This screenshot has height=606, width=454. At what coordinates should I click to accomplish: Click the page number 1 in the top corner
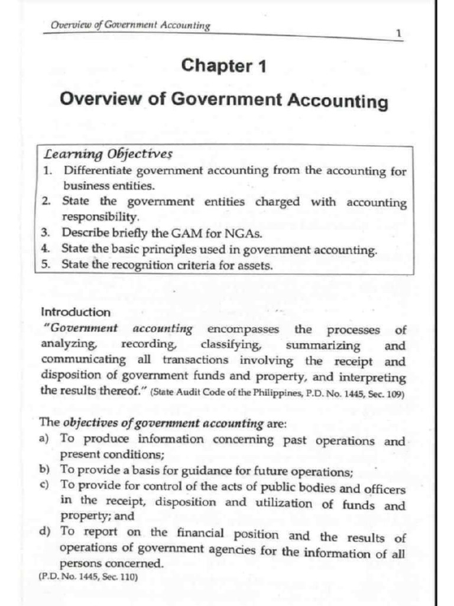coord(399,34)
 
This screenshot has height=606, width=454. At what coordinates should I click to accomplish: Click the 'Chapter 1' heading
coord(223,65)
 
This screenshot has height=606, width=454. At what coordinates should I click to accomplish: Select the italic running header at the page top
coord(131,25)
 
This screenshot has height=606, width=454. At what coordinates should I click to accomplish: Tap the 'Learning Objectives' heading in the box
coord(109,155)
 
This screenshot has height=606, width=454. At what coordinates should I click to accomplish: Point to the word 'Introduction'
coord(76,312)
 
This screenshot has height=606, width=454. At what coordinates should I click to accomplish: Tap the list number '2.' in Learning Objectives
coord(47,201)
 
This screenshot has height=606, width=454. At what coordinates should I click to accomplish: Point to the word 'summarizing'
coord(323,346)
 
